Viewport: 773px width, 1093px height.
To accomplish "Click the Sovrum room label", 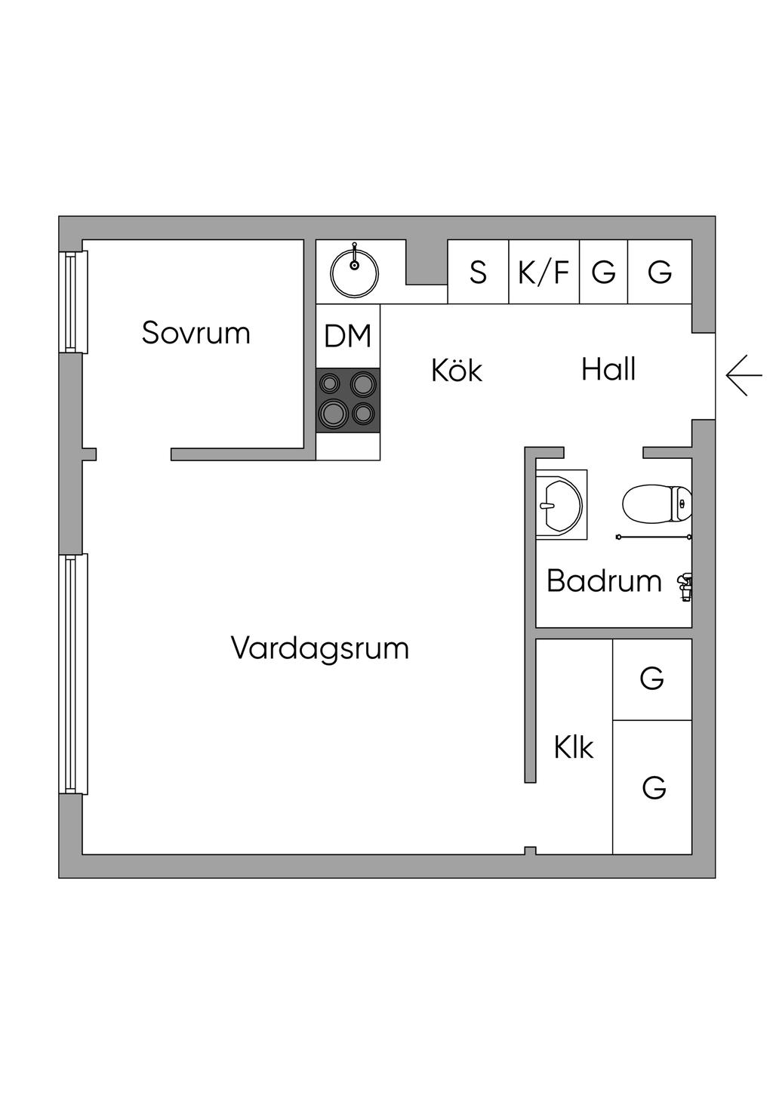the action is [x=196, y=333].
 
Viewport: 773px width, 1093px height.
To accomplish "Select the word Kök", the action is [x=457, y=370].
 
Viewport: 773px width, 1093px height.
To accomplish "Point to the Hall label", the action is [x=608, y=369].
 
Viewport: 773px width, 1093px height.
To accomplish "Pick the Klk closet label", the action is [x=574, y=747].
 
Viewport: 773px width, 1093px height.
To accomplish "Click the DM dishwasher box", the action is [x=348, y=336].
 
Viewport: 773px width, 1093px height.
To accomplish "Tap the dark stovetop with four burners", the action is [x=348, y=400].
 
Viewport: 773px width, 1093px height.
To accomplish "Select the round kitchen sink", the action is [x=355, y=272].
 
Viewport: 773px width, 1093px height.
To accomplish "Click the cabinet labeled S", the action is [x=479, y=272].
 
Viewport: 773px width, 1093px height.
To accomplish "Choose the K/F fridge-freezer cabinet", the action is [x=544, y=272].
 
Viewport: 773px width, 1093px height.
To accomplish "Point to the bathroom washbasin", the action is [x=561, y=504].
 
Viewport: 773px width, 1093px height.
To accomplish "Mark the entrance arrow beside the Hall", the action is [x=744, y=375].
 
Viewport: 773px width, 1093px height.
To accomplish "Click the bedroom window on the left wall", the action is [x=72, y=301].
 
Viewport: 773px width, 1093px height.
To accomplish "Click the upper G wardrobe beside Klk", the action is [x=652, y=679].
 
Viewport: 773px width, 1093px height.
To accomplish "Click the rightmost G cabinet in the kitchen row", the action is [x=660, y=272].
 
